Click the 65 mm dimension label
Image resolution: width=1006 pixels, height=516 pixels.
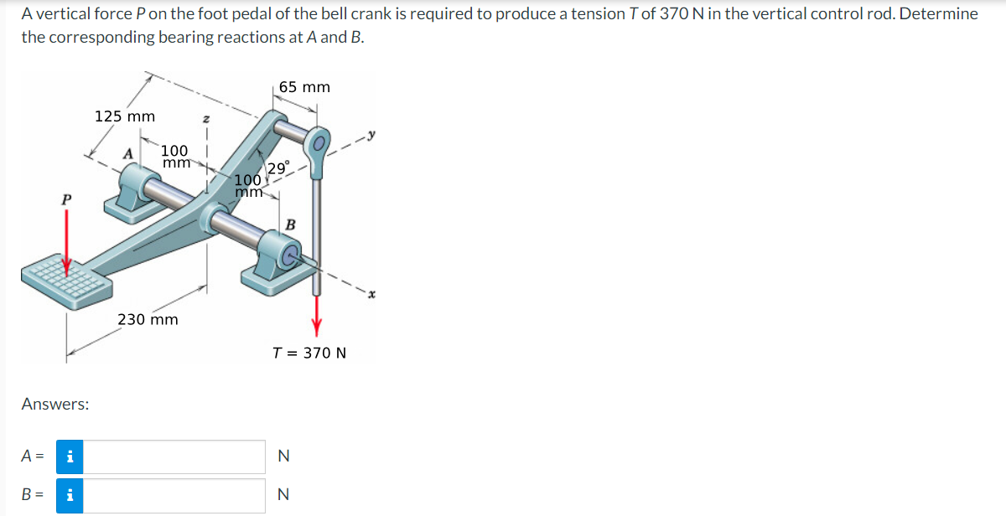tap(304, 87)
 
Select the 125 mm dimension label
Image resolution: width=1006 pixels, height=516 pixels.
tap(124, 116)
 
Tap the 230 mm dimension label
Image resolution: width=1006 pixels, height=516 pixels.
tap(148, 319)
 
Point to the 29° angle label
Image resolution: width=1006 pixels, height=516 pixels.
tap(278, 167)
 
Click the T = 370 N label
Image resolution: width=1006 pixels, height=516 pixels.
tap(309, 353)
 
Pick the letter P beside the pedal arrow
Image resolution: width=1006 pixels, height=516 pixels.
tap(66, 200)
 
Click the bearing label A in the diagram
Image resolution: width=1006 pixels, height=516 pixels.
tap(128, 153)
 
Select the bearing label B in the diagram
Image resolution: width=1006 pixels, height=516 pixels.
tap(290, 224)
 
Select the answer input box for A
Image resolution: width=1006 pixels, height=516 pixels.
tap(174, 457)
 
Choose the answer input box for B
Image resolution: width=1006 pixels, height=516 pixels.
tap(174, 495)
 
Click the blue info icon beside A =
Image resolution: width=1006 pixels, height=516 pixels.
tap(70, 457)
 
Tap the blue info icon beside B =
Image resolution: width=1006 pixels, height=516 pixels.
tap(70, 495)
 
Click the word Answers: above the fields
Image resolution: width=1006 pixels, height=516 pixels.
tap(55, 404)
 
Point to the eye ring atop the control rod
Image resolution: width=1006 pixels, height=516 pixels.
tap(319, 143)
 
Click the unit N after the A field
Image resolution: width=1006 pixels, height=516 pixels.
tap(283, 457)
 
